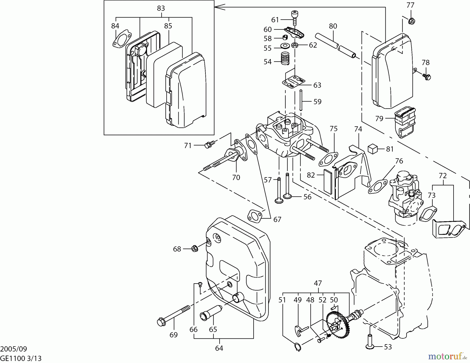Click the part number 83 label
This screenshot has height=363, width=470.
(161, 8)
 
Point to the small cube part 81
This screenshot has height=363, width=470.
(373, 149)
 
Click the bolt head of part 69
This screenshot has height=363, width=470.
(161, 322)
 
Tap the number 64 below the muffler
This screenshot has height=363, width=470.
(219, 348)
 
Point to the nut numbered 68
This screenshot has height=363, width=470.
(194, 249)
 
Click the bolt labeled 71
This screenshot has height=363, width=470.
(209, 144)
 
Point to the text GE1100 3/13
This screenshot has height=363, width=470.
(21, 358)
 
